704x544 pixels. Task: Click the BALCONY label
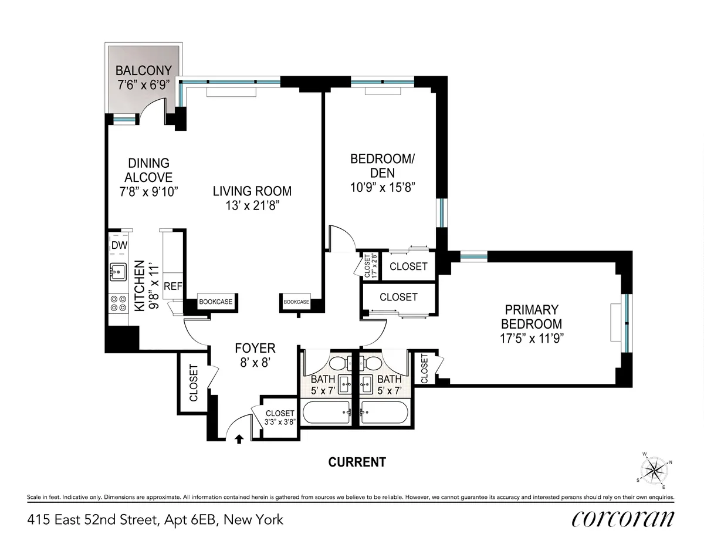click(144, 71)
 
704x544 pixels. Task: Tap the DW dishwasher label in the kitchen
click(120, 245)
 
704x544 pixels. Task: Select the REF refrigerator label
click(173, 286)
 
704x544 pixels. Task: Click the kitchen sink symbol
click(119, 272)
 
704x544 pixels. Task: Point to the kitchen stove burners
click(119, 302)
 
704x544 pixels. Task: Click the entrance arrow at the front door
click(239, 438)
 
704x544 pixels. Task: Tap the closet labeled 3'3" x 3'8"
click(279, 417)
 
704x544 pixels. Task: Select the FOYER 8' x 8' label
click(255, 355)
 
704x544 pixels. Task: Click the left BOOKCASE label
click(215, 302)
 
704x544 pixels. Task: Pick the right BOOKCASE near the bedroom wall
click(296, 302)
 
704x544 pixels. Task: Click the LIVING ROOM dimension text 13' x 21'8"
click(252, 205)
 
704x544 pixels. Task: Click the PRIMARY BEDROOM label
click(533, 316)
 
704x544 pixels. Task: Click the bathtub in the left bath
click(326, 413)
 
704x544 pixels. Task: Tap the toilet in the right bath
click(371, 363)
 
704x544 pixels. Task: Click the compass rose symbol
click(657, 471)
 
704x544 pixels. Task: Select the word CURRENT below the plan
click(357, 462)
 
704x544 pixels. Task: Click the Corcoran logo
click(622, 519)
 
